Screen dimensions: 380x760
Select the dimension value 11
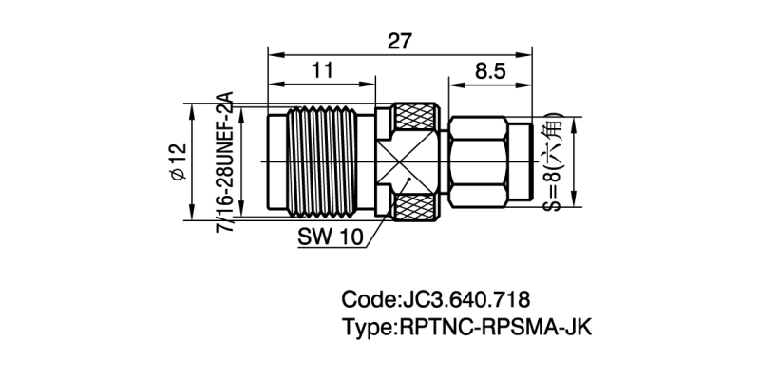pyautogui.click(x=321, y=69)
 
